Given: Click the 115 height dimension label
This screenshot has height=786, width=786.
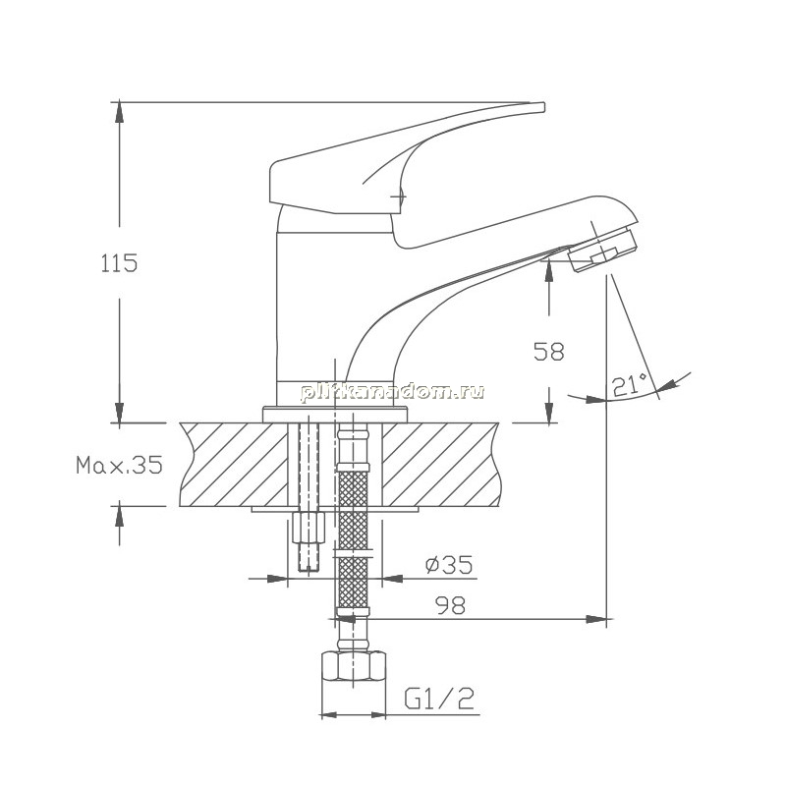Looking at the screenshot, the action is pos(119,263).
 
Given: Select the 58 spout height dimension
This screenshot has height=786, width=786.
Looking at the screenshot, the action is pos(549,351).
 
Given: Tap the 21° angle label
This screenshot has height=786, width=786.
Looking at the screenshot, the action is pos(630,384).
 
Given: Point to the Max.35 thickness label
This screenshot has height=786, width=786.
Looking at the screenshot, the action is pos(119,465).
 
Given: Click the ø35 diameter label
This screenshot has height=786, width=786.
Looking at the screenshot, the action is pos(449,565).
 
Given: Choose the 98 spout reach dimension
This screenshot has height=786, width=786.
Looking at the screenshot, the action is pos(450,605).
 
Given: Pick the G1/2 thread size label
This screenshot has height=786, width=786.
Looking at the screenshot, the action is pos(439,699).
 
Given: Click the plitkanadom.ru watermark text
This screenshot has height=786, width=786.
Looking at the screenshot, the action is pos(392,391).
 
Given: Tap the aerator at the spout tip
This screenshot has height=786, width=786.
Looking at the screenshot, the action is pos(603,250).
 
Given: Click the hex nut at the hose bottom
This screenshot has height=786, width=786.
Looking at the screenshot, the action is pos(353,665).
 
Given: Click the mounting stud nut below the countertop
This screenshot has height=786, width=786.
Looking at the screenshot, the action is pos(309,527).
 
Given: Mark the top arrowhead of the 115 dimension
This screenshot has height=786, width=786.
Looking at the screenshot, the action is pos(119,111).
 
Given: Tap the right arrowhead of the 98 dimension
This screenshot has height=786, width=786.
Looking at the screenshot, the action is pos(596,619).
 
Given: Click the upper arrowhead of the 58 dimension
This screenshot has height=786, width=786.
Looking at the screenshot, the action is pos(549,271).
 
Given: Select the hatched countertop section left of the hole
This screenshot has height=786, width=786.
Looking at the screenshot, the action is pos(234,465).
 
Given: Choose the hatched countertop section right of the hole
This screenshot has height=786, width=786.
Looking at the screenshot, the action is pos(441,465).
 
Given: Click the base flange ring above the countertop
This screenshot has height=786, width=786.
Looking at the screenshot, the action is pos(334,415).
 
